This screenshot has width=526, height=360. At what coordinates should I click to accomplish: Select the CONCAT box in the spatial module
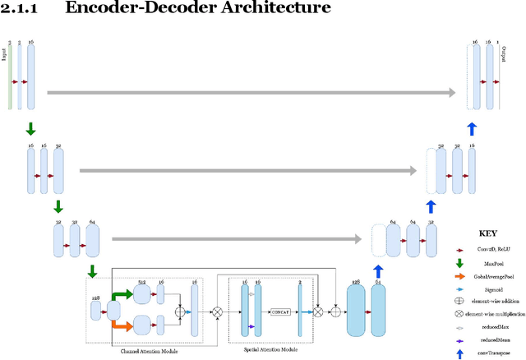pyautogui.click(x=280, y=312)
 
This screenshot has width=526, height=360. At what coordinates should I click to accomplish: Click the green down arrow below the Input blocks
pyautogui.click(x=30, y=128)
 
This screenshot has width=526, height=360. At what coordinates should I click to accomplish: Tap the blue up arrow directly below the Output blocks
pyautogui.click(x=471, y=128)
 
